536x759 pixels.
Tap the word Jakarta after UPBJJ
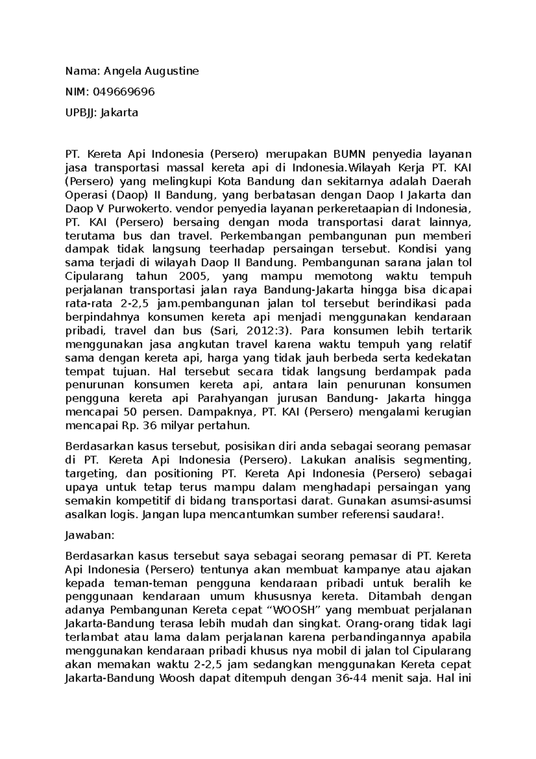click(119, 113)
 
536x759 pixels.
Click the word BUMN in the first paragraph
click(350, 155)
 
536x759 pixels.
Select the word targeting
click(91, 473)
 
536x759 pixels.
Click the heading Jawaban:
click(90, 535)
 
